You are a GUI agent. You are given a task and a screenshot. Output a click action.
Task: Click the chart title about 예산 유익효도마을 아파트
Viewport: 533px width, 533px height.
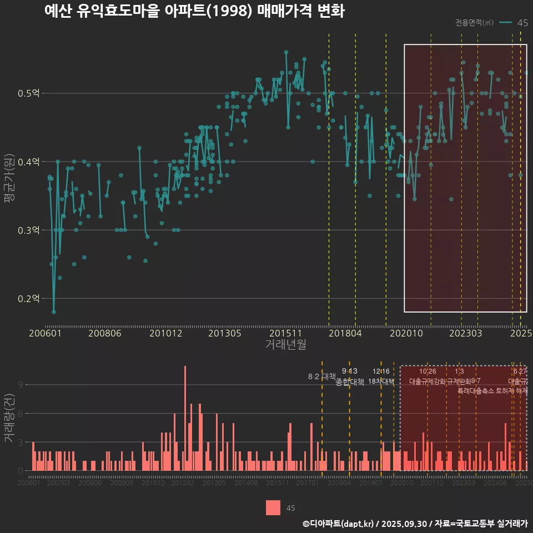[x=194, y=12]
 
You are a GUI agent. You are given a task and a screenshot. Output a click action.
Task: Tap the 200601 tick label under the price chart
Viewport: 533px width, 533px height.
[x=45, y=333]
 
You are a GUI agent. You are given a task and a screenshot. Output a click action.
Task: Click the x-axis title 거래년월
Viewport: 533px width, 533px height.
[x=285, y=345]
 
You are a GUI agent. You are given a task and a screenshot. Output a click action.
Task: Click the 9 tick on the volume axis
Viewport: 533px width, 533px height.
[x=21, y=385]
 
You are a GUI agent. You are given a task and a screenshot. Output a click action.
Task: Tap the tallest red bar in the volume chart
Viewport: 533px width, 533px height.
[x=185, y=419]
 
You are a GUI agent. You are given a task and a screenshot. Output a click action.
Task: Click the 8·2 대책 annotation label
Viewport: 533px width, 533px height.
[x=322, y=376]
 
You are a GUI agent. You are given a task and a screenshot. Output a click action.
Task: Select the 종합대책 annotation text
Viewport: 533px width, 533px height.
[x=350, y=382]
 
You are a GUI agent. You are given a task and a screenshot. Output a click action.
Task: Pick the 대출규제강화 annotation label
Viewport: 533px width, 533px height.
[x=428, y=381]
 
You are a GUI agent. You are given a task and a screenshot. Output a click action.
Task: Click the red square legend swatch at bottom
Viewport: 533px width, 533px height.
[x=273, y=508]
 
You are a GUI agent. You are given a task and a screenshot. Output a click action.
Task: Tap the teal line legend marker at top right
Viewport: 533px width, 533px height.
[x=505, y=23]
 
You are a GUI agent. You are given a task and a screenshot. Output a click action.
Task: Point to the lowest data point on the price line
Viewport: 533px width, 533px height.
[x=54, y=312]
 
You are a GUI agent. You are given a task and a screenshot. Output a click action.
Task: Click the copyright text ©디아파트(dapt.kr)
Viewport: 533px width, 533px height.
[x=339, y=524]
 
